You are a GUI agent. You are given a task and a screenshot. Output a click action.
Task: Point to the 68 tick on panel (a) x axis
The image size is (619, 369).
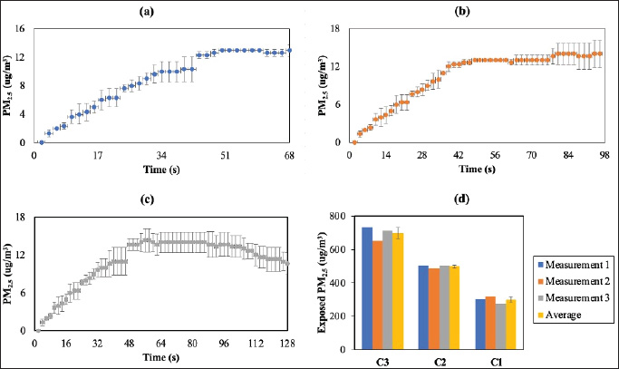click(x=289, y=155)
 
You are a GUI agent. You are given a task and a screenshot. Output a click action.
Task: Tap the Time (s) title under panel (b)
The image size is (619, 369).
click(x=475, y=169)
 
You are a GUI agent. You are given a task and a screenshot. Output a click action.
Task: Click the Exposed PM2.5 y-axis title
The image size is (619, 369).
click(x=324, y=282)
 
